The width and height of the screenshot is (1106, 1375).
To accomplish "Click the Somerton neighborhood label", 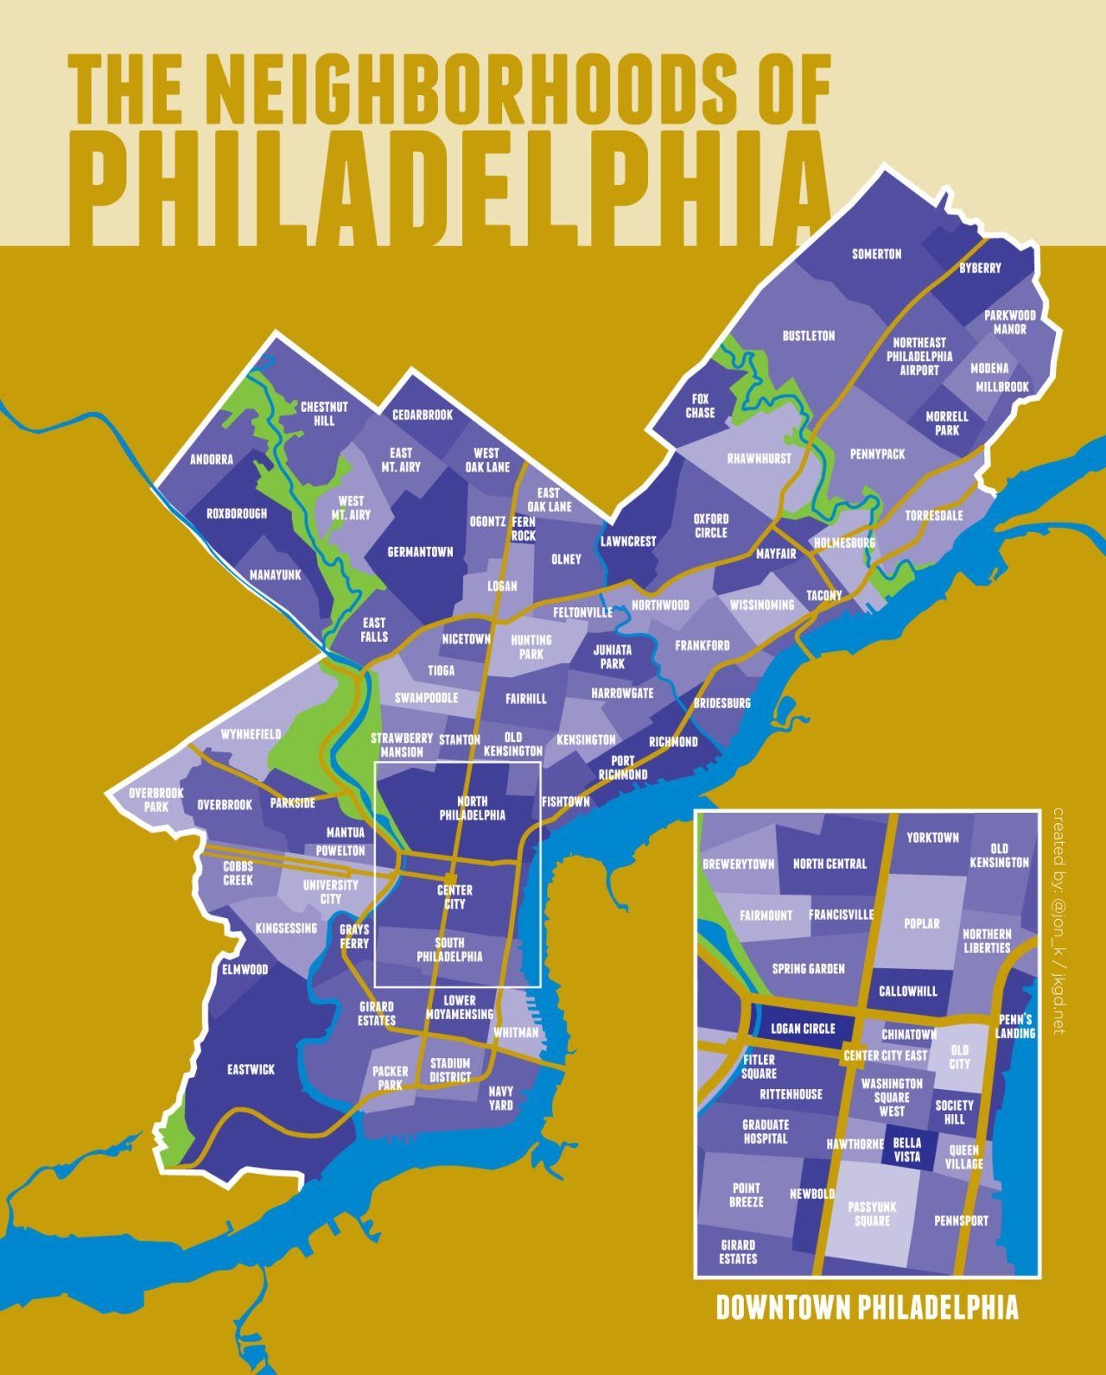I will [876, 254].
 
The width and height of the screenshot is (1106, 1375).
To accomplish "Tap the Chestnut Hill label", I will [324, 413].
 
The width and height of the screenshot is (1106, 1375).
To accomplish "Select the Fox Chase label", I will [700, 406].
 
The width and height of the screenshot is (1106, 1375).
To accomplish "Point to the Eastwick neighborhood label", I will [251, 1069].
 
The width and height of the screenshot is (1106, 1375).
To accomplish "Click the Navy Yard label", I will [500, 1098].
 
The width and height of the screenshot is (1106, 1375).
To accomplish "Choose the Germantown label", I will [420, 552].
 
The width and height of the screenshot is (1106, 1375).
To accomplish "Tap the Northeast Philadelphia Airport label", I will [922, 356].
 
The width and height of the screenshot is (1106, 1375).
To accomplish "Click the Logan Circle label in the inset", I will [803, 1029].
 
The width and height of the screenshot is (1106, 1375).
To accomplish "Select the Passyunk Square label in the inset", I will [872, 1213].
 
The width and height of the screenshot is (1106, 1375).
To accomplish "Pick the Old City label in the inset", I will [959, 1057].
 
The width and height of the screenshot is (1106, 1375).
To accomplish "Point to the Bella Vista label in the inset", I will [906, 1150].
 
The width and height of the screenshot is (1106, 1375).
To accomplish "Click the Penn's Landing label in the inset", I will [1014, 1026].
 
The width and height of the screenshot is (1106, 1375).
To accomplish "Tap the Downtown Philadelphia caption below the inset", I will [867, 1308].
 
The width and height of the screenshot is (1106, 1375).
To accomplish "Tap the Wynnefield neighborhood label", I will [251, 734].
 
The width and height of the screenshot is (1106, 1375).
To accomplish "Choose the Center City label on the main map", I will [454, 897].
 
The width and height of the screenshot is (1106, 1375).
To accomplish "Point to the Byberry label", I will [980, 268].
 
